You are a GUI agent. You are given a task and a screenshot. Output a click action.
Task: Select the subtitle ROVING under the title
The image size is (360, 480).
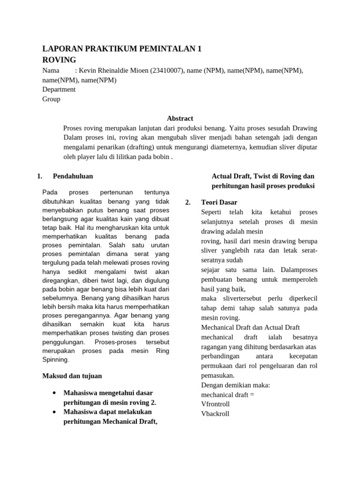click(59, 60)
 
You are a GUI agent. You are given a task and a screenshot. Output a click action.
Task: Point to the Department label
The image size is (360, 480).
click(59, 89)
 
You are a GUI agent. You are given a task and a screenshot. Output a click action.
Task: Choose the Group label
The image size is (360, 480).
click(51, 99)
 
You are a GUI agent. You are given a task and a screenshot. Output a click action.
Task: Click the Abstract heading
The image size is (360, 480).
click(180, 119)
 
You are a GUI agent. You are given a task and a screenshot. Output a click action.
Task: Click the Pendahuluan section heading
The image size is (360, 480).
click(73, 176)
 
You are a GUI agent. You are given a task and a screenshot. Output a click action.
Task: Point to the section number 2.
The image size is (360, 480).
click(187, 202)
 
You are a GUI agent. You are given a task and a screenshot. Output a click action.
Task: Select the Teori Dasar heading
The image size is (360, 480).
click(219, 202)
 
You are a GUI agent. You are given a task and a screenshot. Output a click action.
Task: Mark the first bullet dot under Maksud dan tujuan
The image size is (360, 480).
click(55, 392)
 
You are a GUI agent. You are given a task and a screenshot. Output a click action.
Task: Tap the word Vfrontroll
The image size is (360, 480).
click(215, 404)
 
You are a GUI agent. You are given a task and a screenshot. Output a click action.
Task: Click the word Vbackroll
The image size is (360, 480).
click(215, 414)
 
